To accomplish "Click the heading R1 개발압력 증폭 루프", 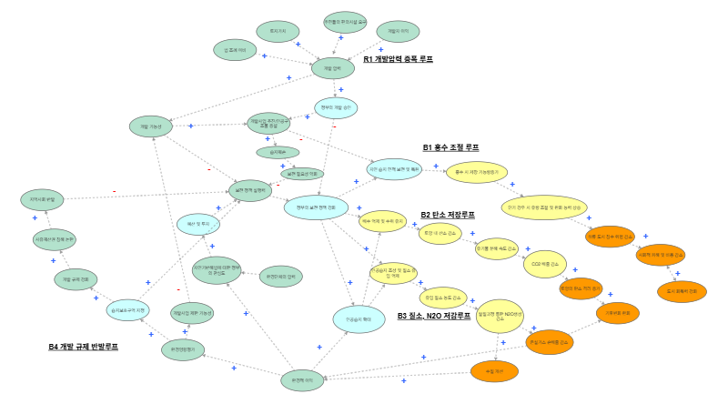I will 397,60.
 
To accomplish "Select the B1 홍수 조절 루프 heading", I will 450,147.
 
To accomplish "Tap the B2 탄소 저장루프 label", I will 447,215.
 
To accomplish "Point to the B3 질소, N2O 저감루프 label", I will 434,316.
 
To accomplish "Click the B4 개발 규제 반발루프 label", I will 83,347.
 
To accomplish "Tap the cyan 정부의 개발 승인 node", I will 336,107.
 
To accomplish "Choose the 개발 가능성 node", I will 151,126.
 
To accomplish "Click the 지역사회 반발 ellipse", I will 43,198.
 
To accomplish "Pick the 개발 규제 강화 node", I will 75,278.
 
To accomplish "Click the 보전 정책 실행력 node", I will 249,191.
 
